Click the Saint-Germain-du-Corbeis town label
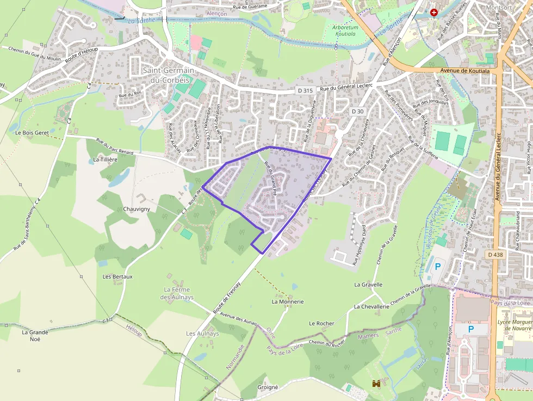coord(166,75)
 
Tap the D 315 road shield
coord(306,90)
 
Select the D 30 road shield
coord(357,111)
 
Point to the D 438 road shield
coord(495,255)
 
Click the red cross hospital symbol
coord(433,12)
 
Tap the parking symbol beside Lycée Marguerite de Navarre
coord(471,329)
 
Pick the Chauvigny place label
coord(137,208)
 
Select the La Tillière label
coord(106,159)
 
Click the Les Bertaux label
coord(117,276)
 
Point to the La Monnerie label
coord(287,301)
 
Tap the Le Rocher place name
coord(321,323)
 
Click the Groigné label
coord(267,387)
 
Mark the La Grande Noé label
coord(35,335)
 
